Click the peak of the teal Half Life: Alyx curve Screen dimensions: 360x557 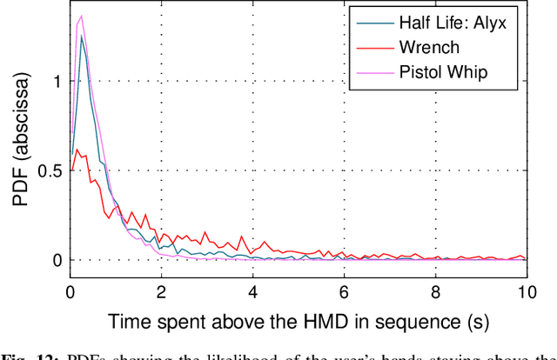pos(82,37)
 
